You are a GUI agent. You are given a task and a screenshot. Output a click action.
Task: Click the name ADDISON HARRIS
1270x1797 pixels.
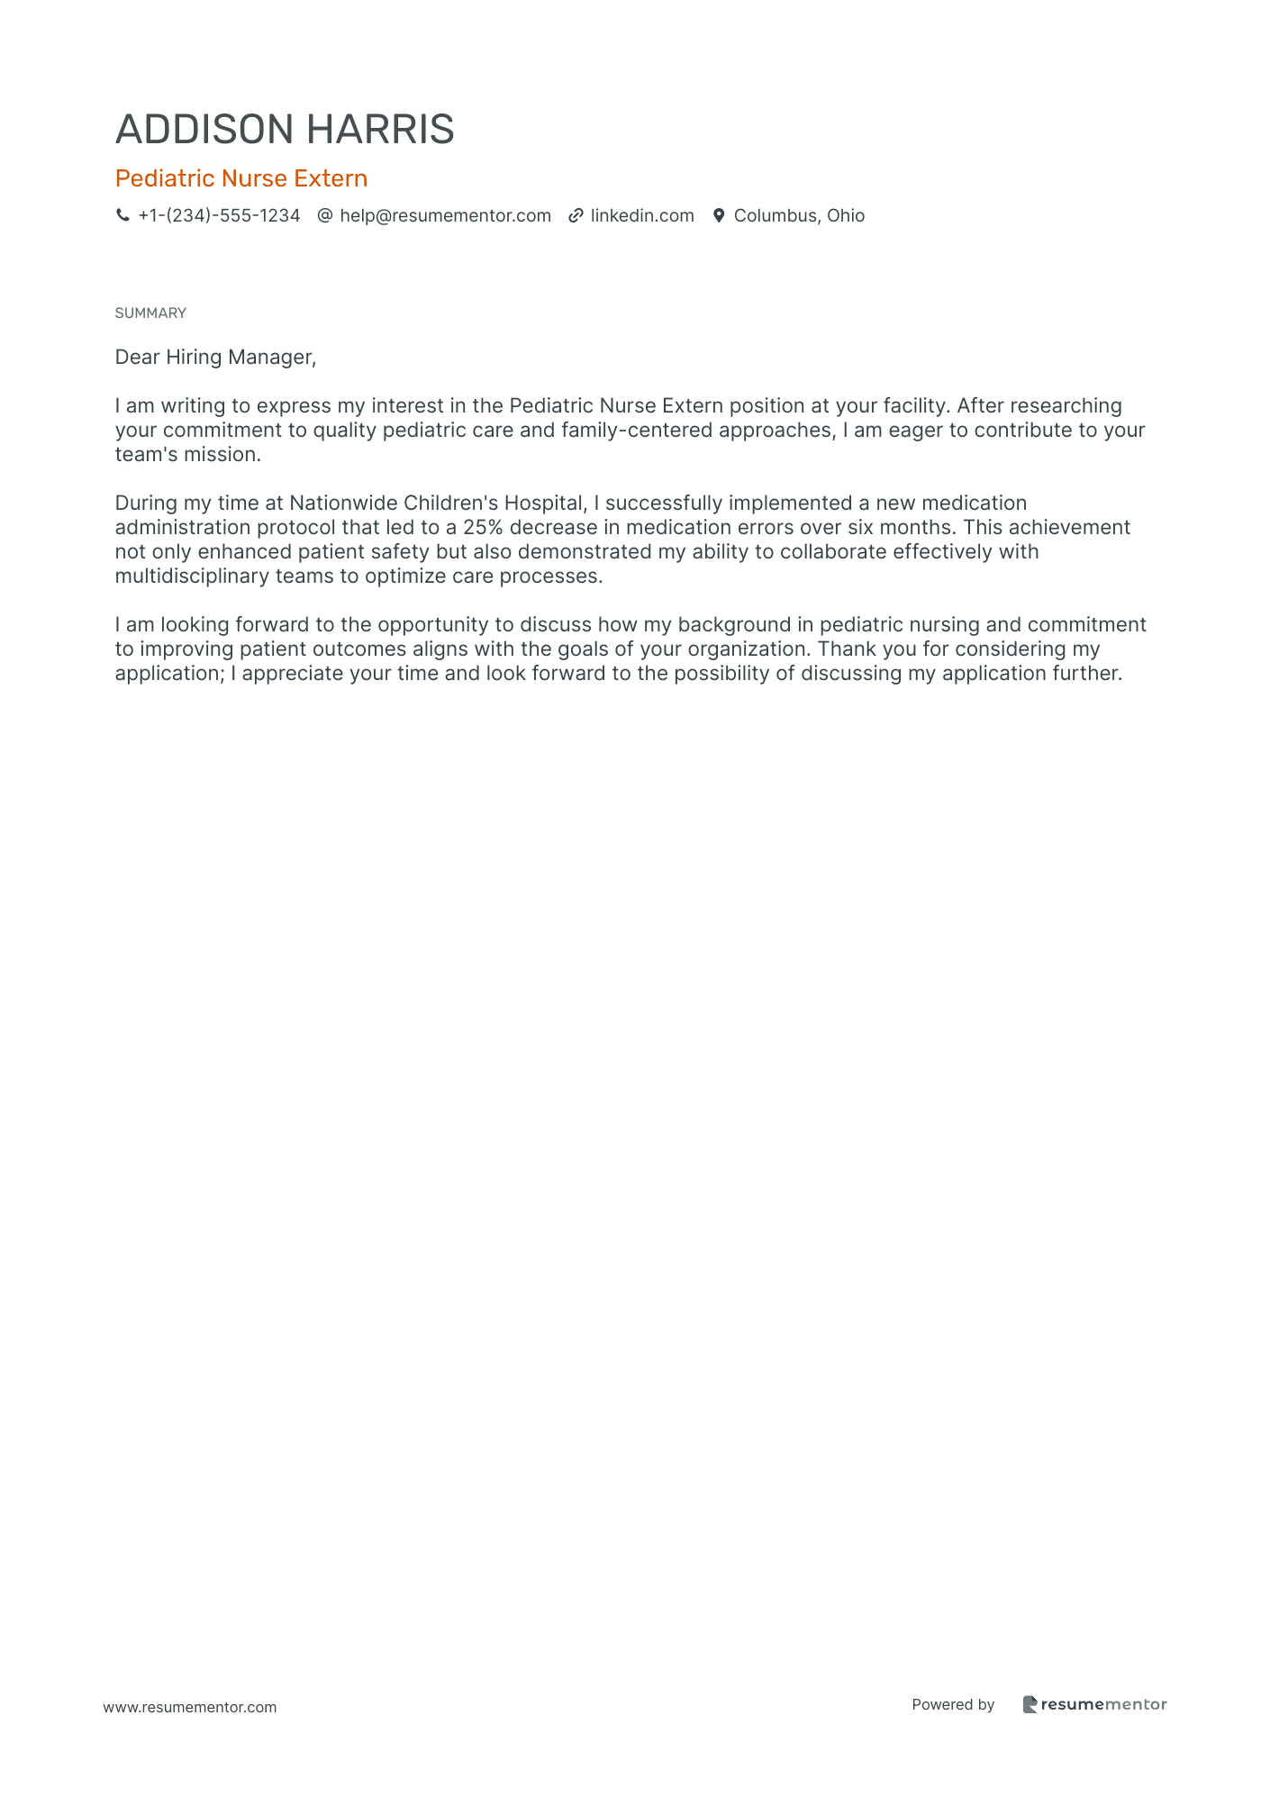tap(285, 130)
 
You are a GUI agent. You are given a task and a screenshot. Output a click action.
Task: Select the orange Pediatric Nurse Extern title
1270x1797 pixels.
tap(241, 178)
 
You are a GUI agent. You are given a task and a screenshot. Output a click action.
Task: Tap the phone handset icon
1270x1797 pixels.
tap(122, 215)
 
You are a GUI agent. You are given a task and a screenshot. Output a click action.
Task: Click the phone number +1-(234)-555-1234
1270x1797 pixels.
tap(219, 215)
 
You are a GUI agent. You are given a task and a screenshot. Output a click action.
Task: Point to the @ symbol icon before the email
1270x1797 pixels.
tap(325, 215)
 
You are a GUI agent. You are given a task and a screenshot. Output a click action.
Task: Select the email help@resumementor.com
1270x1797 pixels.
tap(445, 215)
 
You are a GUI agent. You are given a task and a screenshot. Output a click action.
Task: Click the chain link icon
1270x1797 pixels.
tap(576, 215)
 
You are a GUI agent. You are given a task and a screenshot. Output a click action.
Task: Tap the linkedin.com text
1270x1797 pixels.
tap(642, 215)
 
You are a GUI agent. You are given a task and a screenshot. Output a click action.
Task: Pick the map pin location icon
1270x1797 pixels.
tap(719, 215)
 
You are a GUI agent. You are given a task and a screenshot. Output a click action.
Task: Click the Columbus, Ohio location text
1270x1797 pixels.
tap(799, 215)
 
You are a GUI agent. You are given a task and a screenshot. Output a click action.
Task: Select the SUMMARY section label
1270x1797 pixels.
tap(150, 313)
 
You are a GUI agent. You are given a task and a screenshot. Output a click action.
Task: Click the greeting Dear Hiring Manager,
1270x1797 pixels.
tap(215, 357)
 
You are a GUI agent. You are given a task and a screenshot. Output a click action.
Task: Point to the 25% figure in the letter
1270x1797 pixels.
tap(482, 527)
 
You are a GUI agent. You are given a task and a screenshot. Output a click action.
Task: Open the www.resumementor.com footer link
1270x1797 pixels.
tap(190, 1707)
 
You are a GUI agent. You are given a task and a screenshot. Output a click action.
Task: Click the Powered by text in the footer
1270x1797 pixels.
tap(953, 1704)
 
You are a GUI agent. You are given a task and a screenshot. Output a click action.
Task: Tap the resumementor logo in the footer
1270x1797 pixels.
tap(1094, 1704)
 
